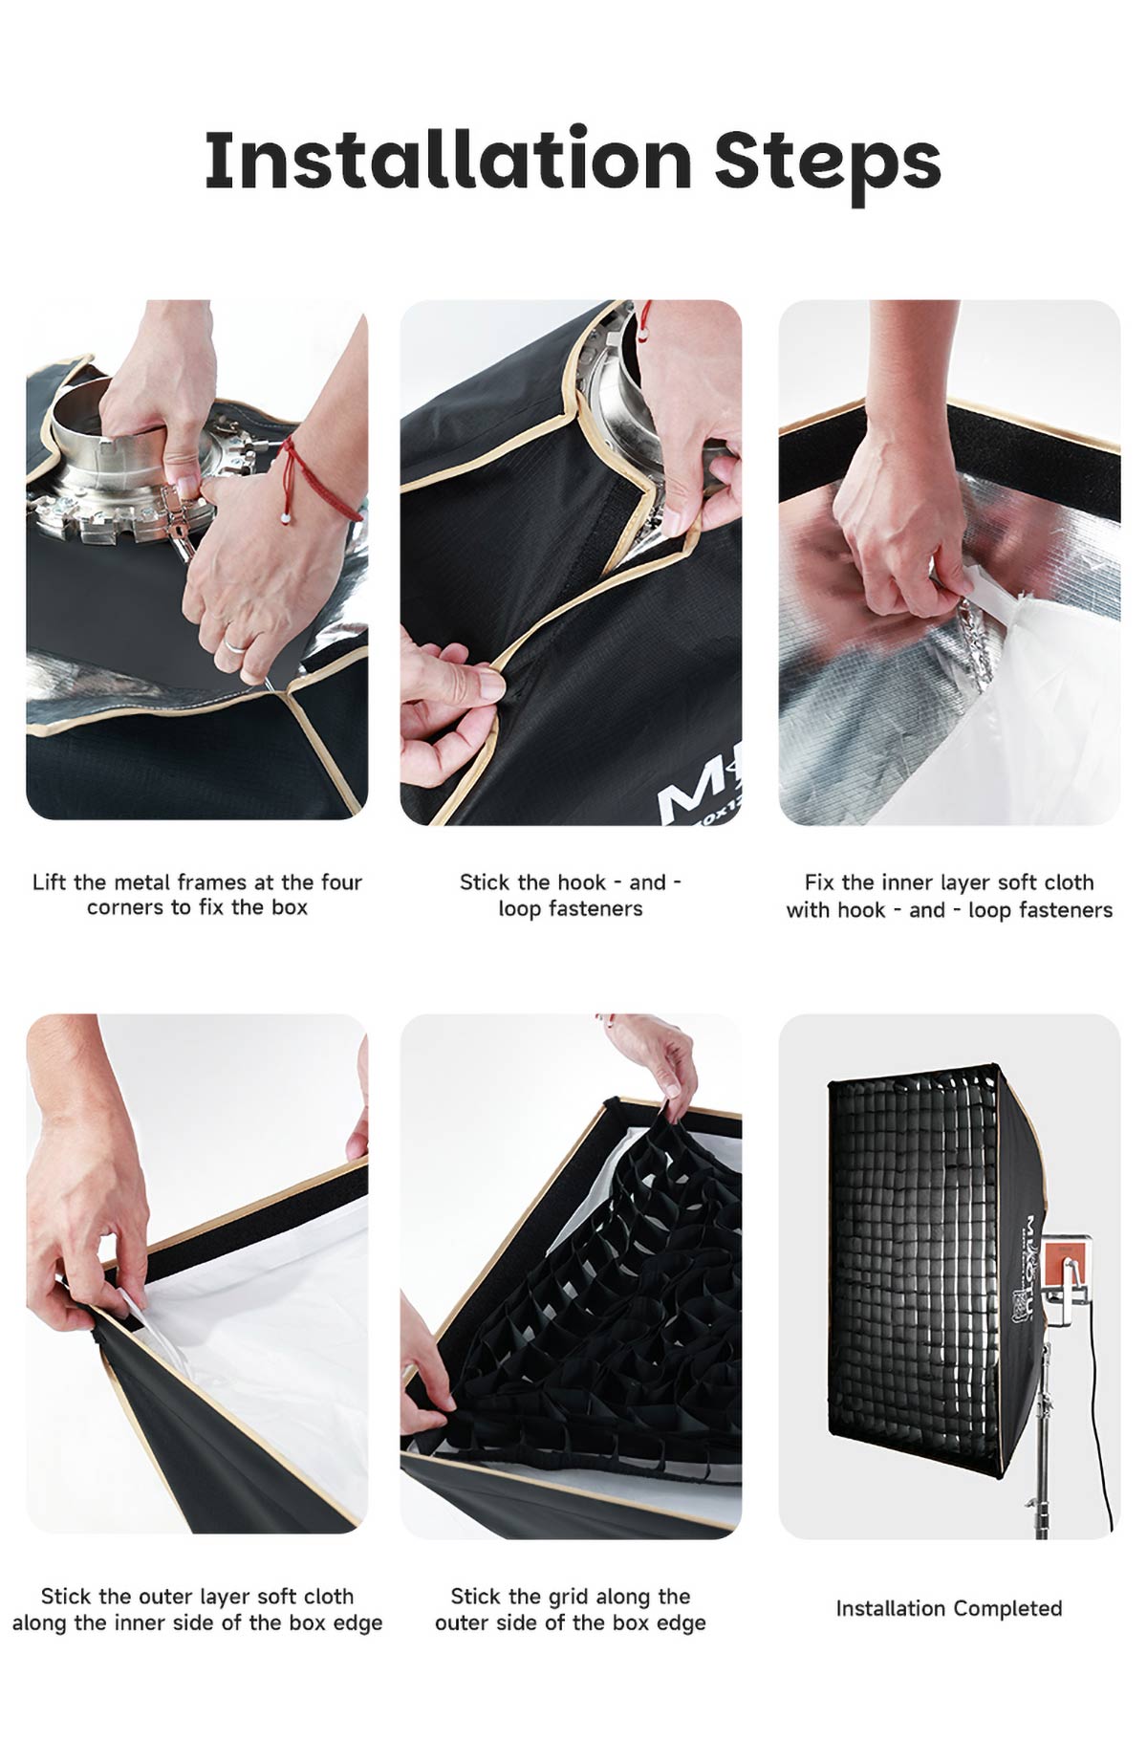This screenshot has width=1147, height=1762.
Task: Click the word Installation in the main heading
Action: (x=448, y=159)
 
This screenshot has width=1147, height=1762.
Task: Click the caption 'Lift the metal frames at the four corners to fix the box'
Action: (x=197, y=894)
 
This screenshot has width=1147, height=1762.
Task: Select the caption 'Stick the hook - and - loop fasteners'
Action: (x=571, y=895)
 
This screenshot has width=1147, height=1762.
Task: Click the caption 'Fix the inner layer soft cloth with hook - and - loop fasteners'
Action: (x=949, y=896)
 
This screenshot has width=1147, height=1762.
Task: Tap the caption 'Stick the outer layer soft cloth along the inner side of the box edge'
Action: (x=197, y=1609)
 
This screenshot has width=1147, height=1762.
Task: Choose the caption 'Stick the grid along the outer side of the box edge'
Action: (x=571, y=1609)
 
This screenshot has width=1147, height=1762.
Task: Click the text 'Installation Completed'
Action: (x=949, y=1608)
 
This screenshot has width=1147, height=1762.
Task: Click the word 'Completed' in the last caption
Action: (x=1007, y=1609)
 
